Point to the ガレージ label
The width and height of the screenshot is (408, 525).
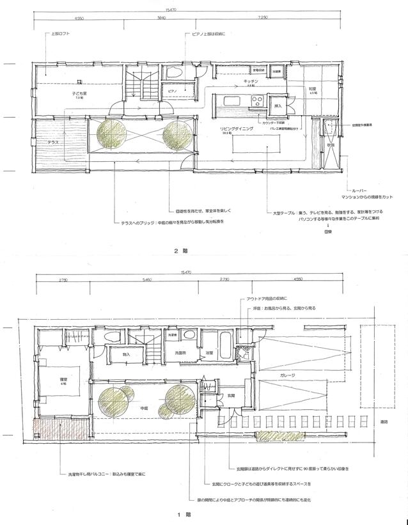point(286,375)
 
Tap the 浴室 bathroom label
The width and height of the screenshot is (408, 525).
point(209,353)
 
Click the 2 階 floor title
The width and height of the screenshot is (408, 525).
point(180,251)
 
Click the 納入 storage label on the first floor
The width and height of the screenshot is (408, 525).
point(126,353)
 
